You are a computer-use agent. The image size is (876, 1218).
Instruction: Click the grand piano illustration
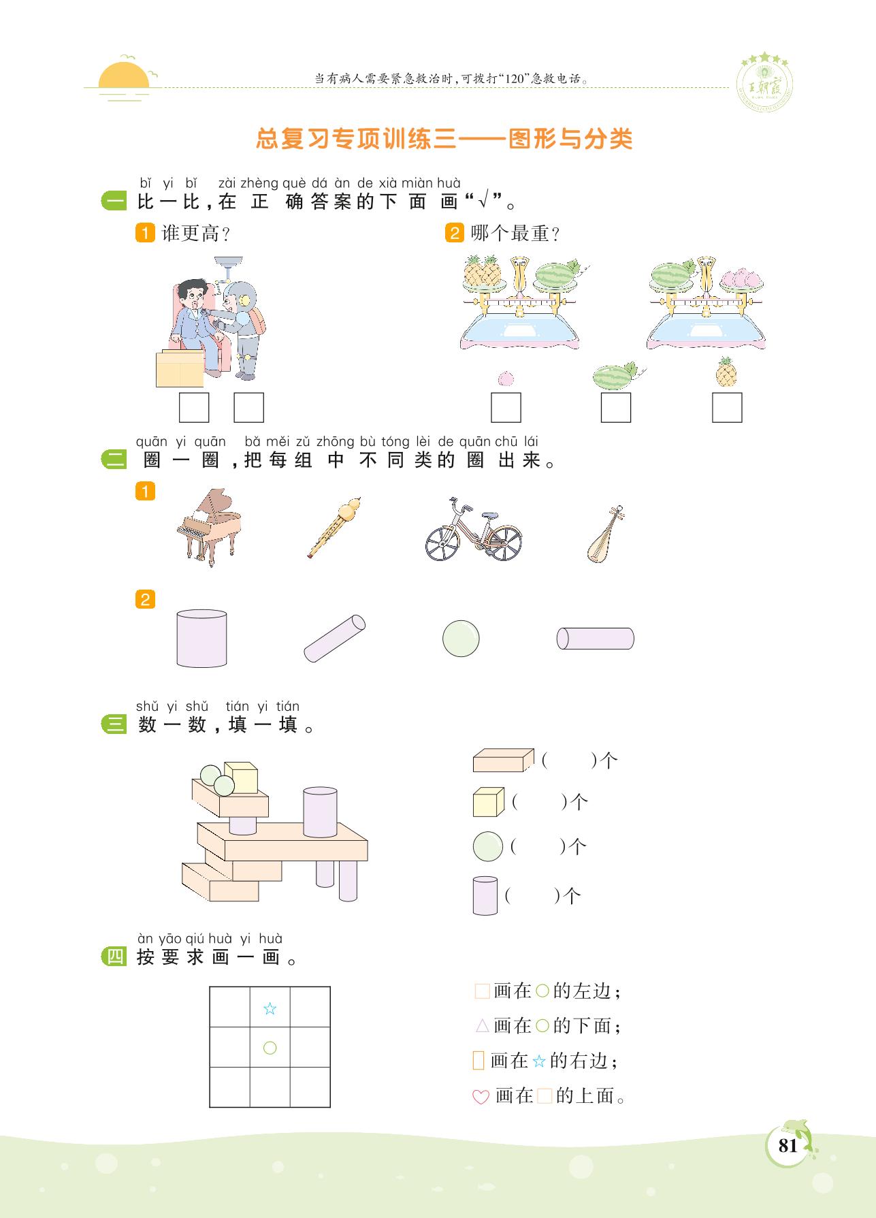coord(209,528)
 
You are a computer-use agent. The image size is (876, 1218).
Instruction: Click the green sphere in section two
coord(461,638)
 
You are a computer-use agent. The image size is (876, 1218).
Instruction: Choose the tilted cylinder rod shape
coord(334,638)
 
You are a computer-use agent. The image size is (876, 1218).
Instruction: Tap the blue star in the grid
coord(270,1008)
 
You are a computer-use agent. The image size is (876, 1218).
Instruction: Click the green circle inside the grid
coord(270,1048)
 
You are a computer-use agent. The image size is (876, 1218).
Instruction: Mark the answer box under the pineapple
coord(727,408)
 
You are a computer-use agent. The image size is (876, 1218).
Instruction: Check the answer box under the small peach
coord(506,408)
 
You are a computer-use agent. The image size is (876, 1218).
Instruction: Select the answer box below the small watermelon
coord(616,408)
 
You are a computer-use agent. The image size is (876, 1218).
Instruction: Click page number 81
coord(788,1146)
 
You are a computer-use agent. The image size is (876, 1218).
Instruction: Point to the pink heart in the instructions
coord(481,1097)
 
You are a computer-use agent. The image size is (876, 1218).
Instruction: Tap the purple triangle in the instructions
coord(482,1025)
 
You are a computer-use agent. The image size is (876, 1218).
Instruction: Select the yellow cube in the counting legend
coord(488,802)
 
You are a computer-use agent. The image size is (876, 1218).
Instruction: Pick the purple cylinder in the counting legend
coord(485,895)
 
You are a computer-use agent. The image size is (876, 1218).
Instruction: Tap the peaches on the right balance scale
coord(745,277)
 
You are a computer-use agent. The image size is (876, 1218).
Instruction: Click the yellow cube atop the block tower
coord(241,778)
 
